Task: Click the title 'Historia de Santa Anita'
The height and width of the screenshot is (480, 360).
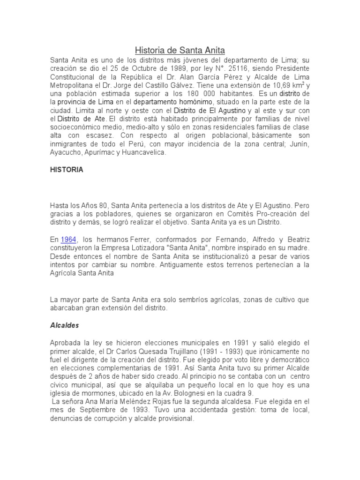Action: click(180, 49)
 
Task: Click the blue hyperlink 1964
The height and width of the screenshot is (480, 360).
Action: click(68, 239)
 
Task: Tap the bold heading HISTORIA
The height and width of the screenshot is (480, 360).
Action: click(67, 170)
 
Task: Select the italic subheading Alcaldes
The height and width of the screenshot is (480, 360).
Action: click(65, 324)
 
